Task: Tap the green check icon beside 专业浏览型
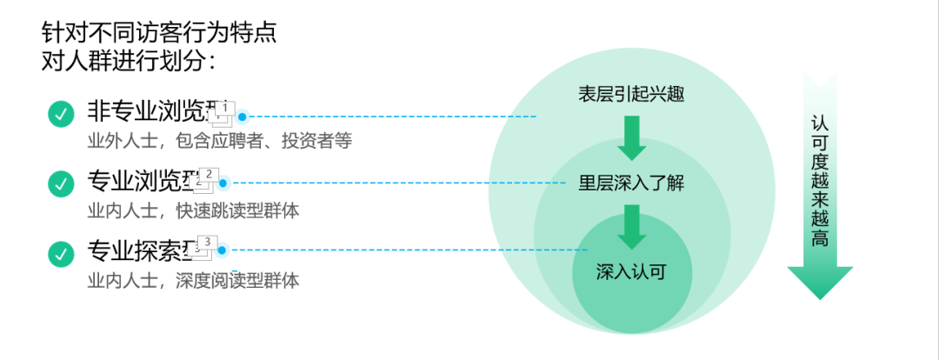[x=61, y=183]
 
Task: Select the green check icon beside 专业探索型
[x=61, y=253]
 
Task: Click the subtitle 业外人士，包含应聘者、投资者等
[x=219, y=140]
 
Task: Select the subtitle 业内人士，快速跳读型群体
[x=193, y=210]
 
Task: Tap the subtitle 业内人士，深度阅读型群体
[x=193, y=280]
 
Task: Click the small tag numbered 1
[x=225, y=108]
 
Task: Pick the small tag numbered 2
[x=210, y=175]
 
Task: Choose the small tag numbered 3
[x=208, y=243]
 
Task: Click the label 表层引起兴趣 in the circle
[x=632, y=95]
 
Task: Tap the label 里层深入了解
[x=632, y=183]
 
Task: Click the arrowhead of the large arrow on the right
[x=820, y=282]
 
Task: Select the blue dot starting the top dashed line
[x=243, y=116]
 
